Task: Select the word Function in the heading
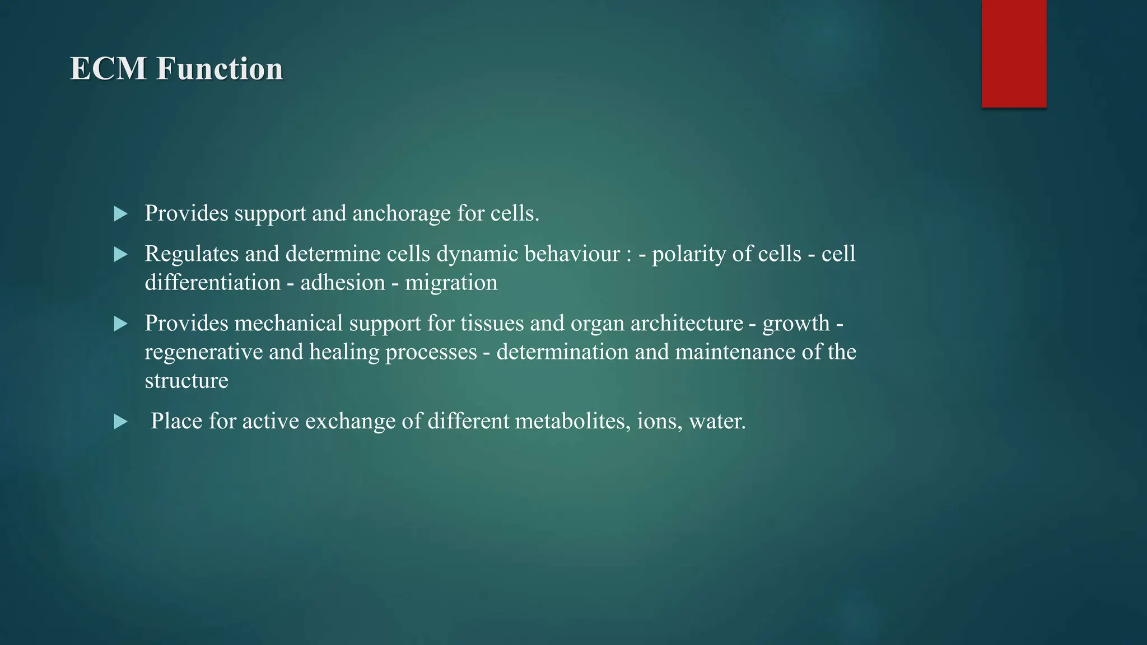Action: [x=220, y=69]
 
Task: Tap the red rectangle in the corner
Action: [x=1014, y=54]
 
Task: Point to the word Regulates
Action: [x=192, y=254]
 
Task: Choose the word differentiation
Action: [x=212, y=283]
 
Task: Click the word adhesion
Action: [x=343, y=283]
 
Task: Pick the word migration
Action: [x=451, y=283]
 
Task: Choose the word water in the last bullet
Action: [x=717, y=421]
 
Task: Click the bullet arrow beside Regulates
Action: [x=120, y=255]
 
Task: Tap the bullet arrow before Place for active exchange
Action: [x=120, y=422]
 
